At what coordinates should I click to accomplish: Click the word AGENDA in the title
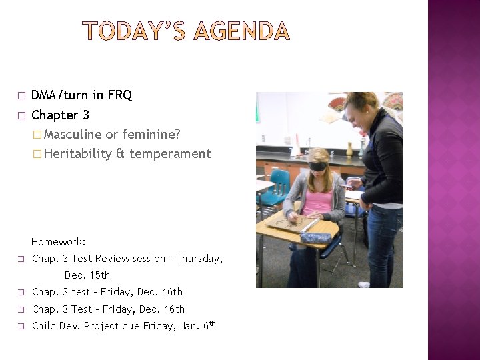click(x=241, y=31)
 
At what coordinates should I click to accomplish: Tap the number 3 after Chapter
click(x=86, y=115)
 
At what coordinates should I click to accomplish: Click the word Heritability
click(x=79, y=154)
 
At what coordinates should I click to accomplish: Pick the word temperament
click(x=170, y=154)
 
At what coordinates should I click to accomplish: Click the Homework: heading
click(x=59, y=242)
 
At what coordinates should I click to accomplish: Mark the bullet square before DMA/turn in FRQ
click(x=21, y=96)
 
